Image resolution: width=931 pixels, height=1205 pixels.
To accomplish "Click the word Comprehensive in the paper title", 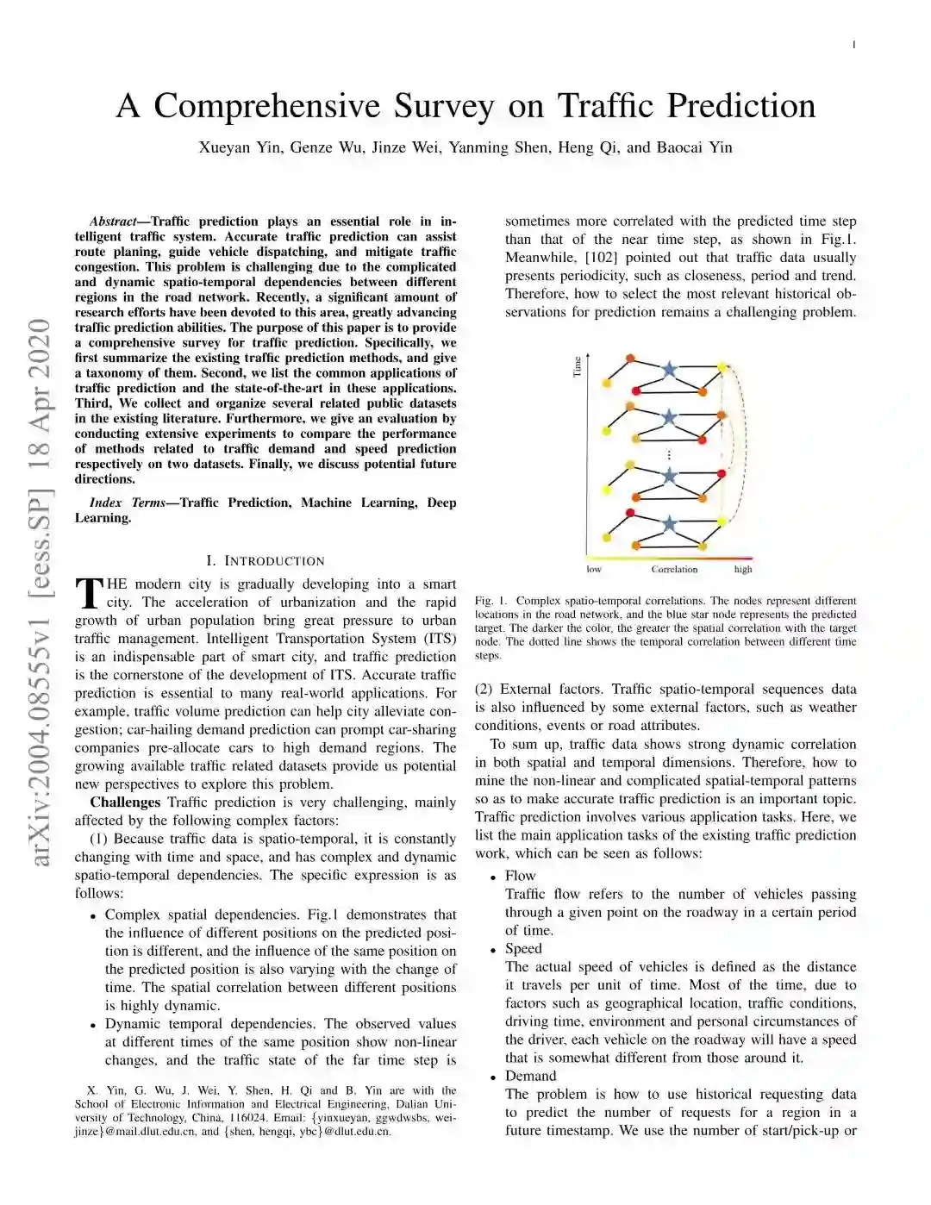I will (266, 106).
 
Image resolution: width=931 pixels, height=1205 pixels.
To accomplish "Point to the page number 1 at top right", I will (853, 45).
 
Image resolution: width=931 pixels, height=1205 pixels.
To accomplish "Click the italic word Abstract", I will (113, 222).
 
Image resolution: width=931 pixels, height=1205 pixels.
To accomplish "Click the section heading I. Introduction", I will (266, 561).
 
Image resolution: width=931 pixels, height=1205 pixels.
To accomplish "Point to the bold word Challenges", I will (125, 802).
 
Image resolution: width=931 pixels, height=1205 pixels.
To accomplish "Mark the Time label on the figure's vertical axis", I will (578, 366).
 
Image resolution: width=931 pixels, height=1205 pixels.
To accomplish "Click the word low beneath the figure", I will (594, 570).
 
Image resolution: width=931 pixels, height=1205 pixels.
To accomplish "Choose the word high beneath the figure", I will (743, 570).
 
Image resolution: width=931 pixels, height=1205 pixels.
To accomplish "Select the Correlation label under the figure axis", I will (674, 570).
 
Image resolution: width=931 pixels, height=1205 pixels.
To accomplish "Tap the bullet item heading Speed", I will (523, 948).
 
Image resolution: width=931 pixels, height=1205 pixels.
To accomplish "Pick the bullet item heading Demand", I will (530, 1076).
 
